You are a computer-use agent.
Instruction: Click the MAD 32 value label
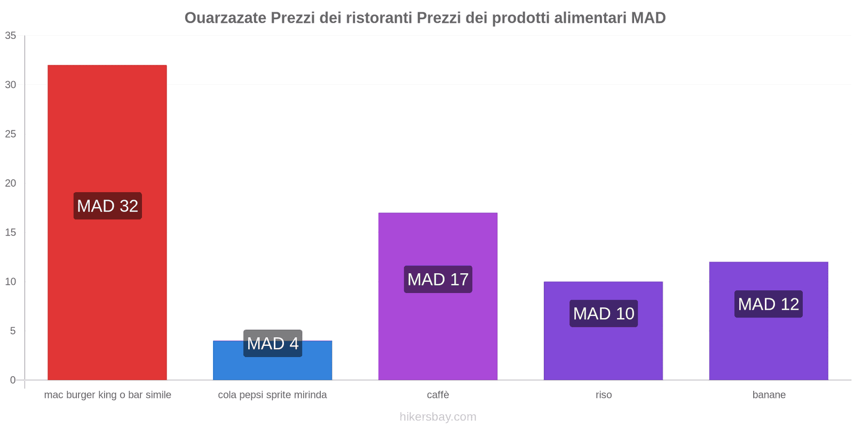(x=107, y=206)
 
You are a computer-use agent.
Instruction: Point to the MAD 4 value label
(x=273, y=343)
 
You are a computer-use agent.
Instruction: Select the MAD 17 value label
(x=438, y=279)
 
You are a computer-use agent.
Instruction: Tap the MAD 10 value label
(x=604, y=313)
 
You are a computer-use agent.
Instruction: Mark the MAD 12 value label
(x=769, y=304)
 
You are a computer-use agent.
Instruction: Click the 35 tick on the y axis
(x=11, y=36)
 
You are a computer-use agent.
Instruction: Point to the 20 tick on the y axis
(x=11, y=183)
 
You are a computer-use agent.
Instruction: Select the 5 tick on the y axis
(x=13, y=331)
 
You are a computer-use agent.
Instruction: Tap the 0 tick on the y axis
(x=13, y=380)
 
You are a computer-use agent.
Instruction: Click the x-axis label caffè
(x=438, y=395)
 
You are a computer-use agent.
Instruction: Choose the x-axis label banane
(x=769, y=395)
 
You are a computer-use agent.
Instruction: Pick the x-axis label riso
(x=604, y=395)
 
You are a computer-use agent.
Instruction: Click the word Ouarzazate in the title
(x=225, y=18)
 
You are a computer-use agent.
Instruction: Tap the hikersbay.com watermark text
(x=438, y=417)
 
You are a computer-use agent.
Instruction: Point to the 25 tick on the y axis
(x=11, y=134)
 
